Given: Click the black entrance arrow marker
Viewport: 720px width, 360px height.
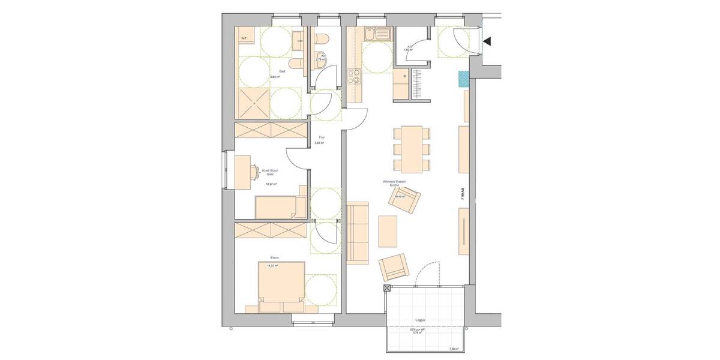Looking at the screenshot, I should (487, 41).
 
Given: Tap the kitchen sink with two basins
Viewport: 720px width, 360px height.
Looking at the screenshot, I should (377, 34).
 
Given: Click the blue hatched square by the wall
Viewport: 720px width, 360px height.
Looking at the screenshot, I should (463, 79).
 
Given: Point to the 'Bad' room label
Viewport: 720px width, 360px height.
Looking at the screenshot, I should (274, 71).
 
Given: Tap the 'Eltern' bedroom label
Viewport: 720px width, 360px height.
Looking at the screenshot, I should (275, 258).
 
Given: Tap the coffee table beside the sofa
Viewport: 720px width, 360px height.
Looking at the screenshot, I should (388, 232).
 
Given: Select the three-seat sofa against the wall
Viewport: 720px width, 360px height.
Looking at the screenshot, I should (358, 233).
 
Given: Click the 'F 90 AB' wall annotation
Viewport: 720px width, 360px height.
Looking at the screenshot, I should (463, 193).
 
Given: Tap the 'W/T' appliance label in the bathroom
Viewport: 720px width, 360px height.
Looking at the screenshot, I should (244, 38).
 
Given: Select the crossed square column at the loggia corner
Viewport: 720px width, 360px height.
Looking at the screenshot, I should (386, 289).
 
